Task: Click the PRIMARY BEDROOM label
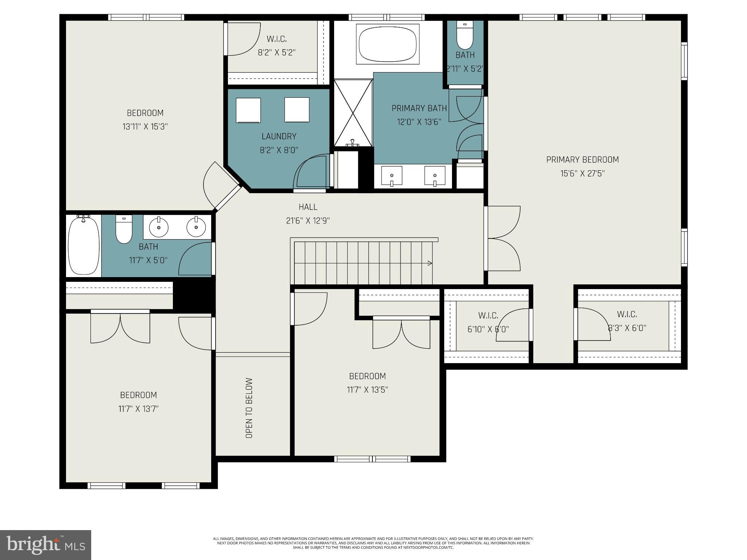point(582,160)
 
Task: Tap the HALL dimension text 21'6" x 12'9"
point(308,221)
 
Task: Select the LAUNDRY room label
point(279,136)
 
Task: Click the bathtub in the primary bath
point(387,44)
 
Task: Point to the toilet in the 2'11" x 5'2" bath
point(465,36)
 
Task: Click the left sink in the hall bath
point(159,227)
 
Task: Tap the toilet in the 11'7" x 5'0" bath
point(124,230)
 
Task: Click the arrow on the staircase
point(430,263)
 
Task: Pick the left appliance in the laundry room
point(248,110)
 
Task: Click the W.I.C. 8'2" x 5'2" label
point(276,46)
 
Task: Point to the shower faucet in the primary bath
point(352,143)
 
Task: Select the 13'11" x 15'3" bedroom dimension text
point(145,127)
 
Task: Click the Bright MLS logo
point(46,545)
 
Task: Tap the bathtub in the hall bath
point(84,245)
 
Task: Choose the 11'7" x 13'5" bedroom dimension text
point(367,390)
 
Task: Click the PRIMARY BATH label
point(419,108)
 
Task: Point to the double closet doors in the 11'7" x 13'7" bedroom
point(120,328)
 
